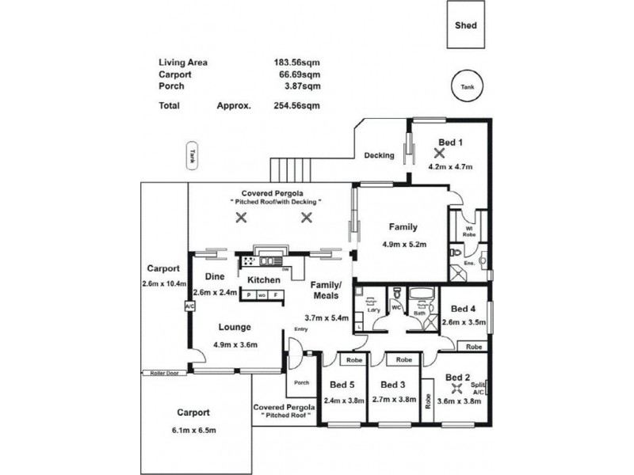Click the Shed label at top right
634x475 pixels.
click(465, 25)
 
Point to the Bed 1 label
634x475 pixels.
click(450, 142)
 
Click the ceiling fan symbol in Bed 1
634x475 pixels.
click(440, 154)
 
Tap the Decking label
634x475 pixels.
click(379, 155)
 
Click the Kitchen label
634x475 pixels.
click(264, 280)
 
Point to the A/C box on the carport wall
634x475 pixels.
click(189, 306)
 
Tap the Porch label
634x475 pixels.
click(301, 383)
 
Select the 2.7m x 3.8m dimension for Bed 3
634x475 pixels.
click(394, 400)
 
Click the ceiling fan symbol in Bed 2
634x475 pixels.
click(456, 389)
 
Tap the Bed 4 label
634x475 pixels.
click(462, 309)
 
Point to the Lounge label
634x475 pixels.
click(236, 326)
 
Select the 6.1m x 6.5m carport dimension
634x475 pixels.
click(193, 429)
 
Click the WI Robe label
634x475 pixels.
click(469, 231)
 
